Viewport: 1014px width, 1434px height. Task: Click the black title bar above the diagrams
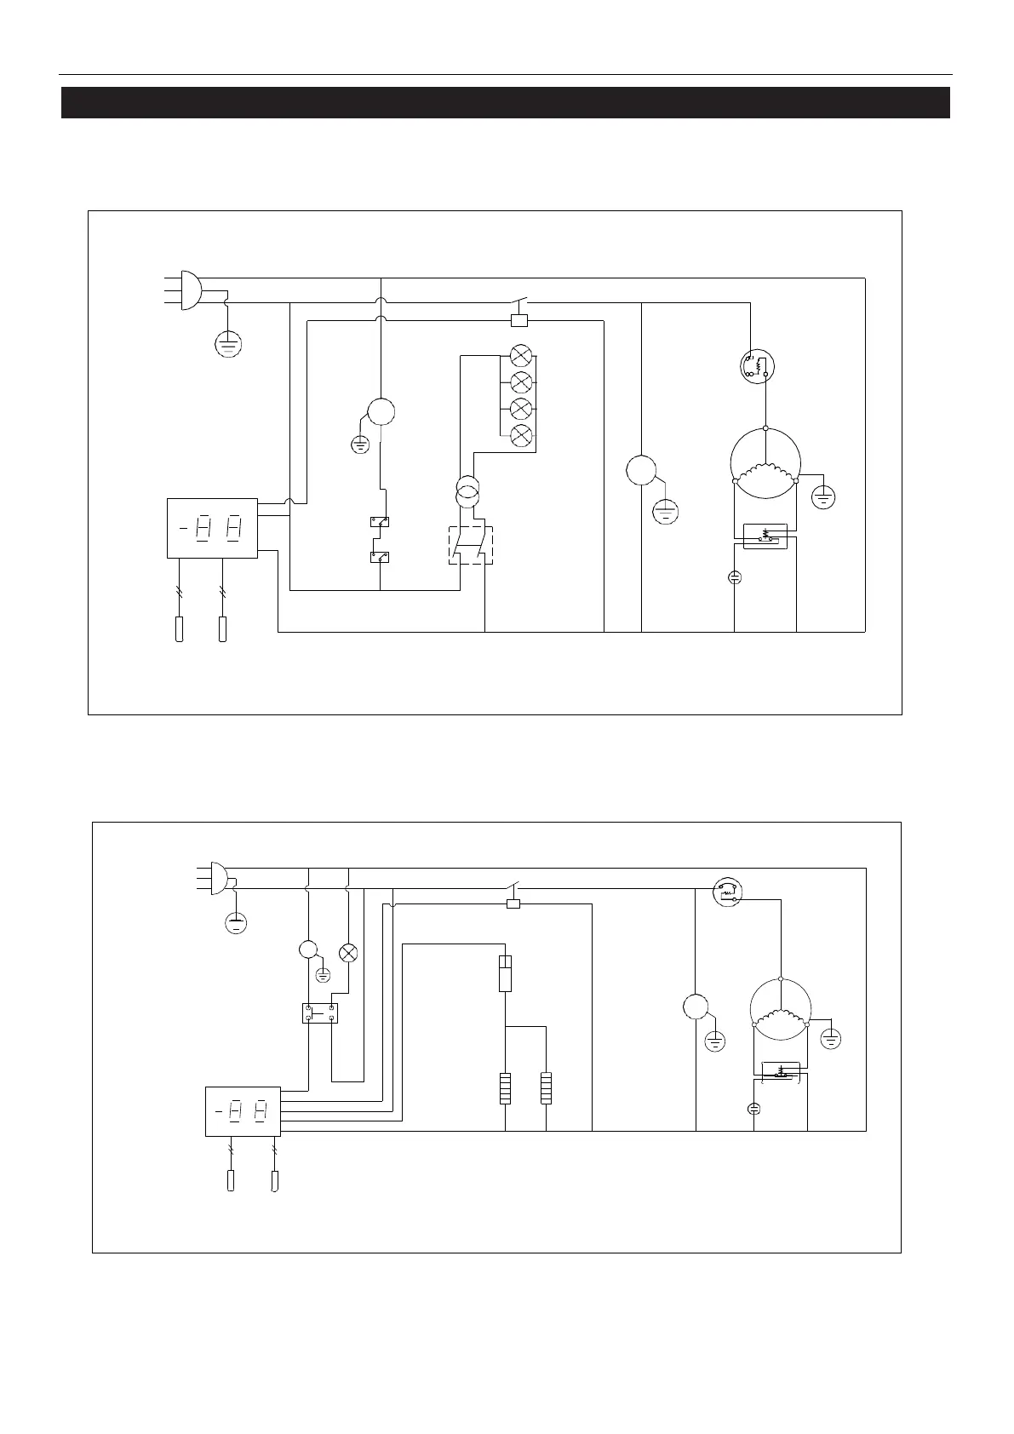[506, 102]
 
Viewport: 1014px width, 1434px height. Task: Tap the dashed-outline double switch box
[471, 545]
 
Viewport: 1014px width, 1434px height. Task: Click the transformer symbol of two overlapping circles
[467, 493]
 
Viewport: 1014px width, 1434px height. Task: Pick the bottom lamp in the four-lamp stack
[520, 435]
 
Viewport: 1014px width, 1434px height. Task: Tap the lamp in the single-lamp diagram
[348, 953]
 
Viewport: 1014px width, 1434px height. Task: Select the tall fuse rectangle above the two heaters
[506, 973]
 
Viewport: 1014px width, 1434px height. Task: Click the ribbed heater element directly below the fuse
[506, 1089]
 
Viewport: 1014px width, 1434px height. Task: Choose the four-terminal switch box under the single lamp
[320, 1013]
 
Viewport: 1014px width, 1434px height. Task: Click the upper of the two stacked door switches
[380, 522]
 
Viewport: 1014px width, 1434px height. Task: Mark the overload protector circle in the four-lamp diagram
[757, 366]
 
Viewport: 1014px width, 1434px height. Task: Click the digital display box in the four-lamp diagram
[212, 528]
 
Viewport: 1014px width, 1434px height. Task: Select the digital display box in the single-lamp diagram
[243, 1111]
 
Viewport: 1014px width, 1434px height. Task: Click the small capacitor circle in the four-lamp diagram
[735, 577]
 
